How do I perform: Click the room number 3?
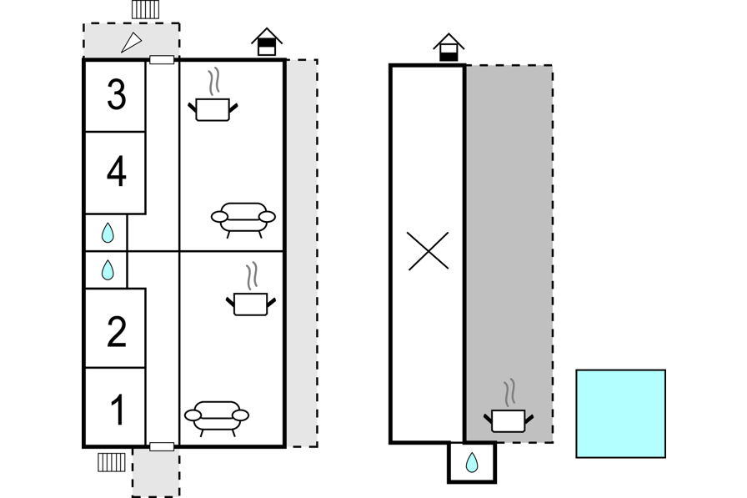117,94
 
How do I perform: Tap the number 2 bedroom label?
117,330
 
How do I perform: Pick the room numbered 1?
118,410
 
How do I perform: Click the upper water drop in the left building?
108,233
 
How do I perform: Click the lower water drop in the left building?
108,269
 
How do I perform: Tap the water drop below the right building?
472,462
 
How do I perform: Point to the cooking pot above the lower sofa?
251,289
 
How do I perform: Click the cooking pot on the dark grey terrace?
509,406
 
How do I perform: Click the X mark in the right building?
428,251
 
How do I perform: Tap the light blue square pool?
621,414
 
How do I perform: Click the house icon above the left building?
267,42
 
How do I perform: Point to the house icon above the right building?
449,48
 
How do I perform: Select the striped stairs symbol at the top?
145,9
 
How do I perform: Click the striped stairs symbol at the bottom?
112,462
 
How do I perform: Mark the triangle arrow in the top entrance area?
132,42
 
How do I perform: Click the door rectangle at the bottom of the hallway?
162,446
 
